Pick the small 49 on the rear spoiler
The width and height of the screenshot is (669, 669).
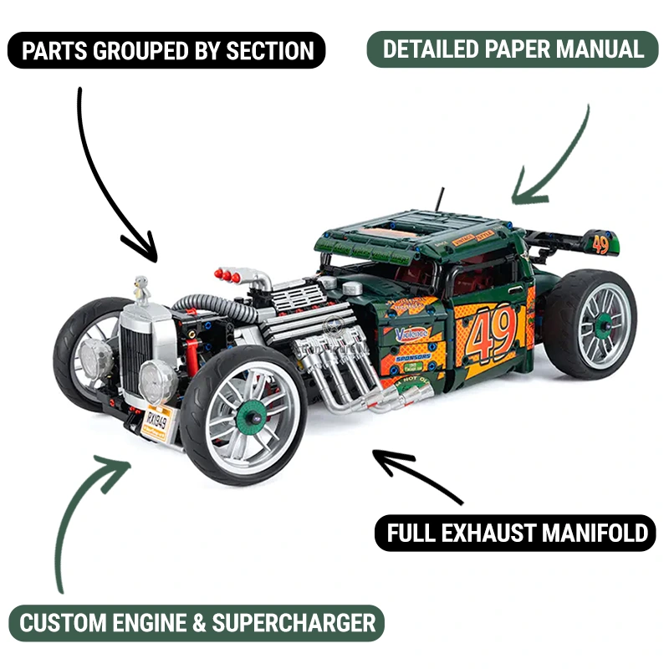click(600, 244)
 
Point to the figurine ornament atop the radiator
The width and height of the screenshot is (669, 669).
click(141, 289)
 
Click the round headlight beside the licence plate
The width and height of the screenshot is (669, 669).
click(159, 381)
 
